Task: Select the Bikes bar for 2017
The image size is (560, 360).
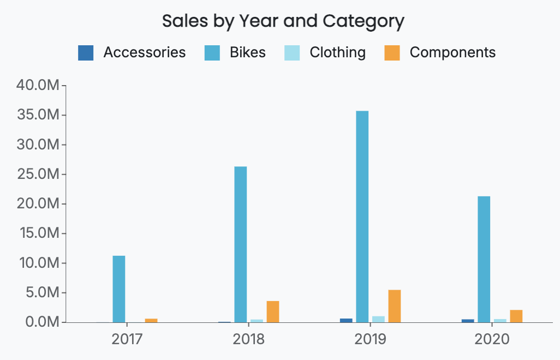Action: click(x=119, y=289)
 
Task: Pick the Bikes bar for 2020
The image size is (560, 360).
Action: click(x=484, y=259)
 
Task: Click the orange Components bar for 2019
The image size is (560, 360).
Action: click(x=395, y=306)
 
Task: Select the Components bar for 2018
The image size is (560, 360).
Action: click(x=273, y=311)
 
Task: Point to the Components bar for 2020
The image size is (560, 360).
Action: click(x=516, y=316)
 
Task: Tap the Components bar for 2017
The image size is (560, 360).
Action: click(x=151, y=320)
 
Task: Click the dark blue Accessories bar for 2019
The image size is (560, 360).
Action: click(x=346, y=320)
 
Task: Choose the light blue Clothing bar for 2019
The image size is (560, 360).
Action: click(x=378, y=319)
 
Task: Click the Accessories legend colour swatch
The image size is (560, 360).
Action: click(x=86, y=52)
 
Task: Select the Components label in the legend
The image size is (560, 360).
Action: click(x=452, y=52)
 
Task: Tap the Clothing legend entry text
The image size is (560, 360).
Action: click(x=337, y=52)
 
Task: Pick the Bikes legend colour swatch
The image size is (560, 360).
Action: click(x=212, y=52)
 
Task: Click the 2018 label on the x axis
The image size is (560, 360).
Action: click(x=249, y=339)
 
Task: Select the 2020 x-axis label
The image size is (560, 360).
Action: click(x=492, y=339)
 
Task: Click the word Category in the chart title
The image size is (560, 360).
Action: click(x=364, y=21)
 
